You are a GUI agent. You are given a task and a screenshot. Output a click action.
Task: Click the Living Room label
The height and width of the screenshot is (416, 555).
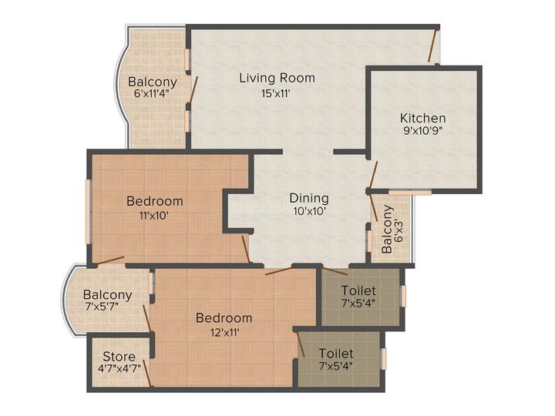(x=277, y=78)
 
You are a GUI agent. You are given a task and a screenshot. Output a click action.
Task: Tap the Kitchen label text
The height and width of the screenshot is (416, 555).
(x=422, y=118)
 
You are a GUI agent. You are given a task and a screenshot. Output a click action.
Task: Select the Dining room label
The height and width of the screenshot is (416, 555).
(x=309, y=199)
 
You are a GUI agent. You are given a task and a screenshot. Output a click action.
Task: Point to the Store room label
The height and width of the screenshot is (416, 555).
(x=119, y=356)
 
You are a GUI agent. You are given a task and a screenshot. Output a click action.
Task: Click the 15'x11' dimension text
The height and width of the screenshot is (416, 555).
(x=276, y=93)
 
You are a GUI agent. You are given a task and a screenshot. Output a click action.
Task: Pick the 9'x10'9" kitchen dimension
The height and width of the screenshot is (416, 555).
(x=423, y=131)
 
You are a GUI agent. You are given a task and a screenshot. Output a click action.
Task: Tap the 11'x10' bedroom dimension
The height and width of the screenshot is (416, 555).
(x=154, y=215)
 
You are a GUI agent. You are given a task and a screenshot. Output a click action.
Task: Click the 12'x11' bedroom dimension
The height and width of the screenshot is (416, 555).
(x=224, y=332)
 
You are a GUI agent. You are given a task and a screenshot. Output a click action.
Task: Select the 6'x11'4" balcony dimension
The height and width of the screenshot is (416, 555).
(x=152, y=94)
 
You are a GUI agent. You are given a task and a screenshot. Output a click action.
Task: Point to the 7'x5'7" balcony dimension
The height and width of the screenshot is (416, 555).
(x=102, y=306)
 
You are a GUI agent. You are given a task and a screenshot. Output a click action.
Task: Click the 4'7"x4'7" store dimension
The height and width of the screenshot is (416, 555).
(x=119, y=368)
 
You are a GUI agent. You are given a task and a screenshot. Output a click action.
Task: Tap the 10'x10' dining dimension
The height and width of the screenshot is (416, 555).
(x=309, y=211)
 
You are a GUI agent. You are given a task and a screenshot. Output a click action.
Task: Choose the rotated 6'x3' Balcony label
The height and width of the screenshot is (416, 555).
(x=392, y=230)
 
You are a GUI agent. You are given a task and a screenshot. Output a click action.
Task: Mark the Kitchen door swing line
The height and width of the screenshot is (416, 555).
(x=373, y=176)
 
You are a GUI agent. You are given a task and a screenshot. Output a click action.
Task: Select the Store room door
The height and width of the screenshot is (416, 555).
(x=150, y=373)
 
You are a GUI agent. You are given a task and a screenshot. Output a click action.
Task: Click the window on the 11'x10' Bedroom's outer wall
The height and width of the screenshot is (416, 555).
(x=89, y=212)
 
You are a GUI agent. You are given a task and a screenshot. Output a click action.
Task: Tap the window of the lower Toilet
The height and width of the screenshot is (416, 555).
(x=383, y=359)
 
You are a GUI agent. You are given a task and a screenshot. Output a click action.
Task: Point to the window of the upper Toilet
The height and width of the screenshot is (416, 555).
(x=403, y=296)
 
